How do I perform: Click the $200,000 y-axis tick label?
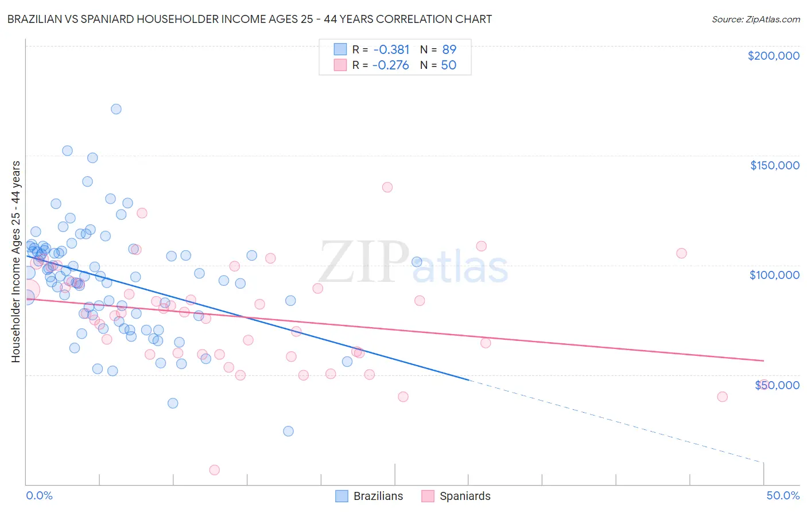pyautogui.click(x=773, y=56)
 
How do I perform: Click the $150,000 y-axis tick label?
pyautogui.click(x=774, y=165)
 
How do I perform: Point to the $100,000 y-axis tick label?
pyautogui.click(x=774, y=275)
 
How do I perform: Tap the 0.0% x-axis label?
pyautogui.click(x=39, y=495)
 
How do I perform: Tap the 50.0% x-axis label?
pyautogui.click(x=782, y=495)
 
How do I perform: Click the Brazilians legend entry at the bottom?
pyautogui.click(x=378, y=496)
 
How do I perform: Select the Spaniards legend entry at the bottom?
pyautogui.click(x=464, y=496)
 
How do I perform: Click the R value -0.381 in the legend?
pyautogui.click(x=390, y=49)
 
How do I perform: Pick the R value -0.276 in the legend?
pyautogui.click(x=390, y=65)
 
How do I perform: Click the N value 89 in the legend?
pyautogui.click(x=449, y=49)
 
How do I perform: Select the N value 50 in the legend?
pyautogui.click(x=448, y=65)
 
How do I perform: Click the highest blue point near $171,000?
pyautogui.click(x=116, y=109)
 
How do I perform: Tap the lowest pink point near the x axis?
pyautogui.click(x=215, y=470)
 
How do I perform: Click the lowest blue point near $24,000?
pyautogui.click(x=288, y=431)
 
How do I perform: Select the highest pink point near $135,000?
pyautogui.click(x=387, y=187)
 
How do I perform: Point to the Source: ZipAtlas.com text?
pyautogui.click(x=755, y=19)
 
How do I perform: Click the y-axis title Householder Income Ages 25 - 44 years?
pyautogui.click(x=15, y=261)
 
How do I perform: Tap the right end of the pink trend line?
pyautogui.click(x=763, y=360)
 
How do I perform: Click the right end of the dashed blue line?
pyautogui.click(x=763, y=462)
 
